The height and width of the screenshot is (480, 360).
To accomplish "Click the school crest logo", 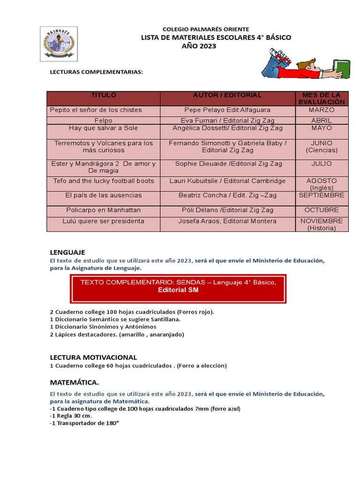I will pos(59,44).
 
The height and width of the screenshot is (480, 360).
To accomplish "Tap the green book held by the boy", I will pos(340,68).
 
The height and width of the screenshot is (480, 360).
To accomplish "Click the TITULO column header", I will pos(103,95).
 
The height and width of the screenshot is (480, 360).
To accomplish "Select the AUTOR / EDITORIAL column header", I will pos(227,95).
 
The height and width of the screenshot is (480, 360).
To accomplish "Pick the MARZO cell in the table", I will pos(322,110).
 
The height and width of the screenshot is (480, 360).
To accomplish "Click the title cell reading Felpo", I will pos(103,120).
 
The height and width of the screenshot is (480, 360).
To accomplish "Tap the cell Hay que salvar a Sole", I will pos(103,128).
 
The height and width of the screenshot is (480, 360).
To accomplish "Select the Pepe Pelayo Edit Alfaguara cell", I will pos(227,110).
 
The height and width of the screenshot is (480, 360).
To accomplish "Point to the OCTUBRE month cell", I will pos(322,210).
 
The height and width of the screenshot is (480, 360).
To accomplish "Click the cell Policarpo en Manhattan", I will pos(103,210).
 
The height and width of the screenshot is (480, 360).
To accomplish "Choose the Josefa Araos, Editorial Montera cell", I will pos(227,221).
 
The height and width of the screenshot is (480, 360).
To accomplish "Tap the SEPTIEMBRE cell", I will pos(322,195).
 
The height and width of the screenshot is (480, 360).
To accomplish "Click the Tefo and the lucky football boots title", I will pos(103,181).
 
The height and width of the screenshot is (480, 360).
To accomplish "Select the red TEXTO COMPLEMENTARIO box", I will pos(178,286).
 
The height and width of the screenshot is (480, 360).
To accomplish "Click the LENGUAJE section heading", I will pos(67,253).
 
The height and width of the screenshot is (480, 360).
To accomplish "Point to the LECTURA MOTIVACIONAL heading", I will pos(93,357).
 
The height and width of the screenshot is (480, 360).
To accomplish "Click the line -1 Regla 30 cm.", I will pos(71,415).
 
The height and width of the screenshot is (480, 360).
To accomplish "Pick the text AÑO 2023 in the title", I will pos(199,46).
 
